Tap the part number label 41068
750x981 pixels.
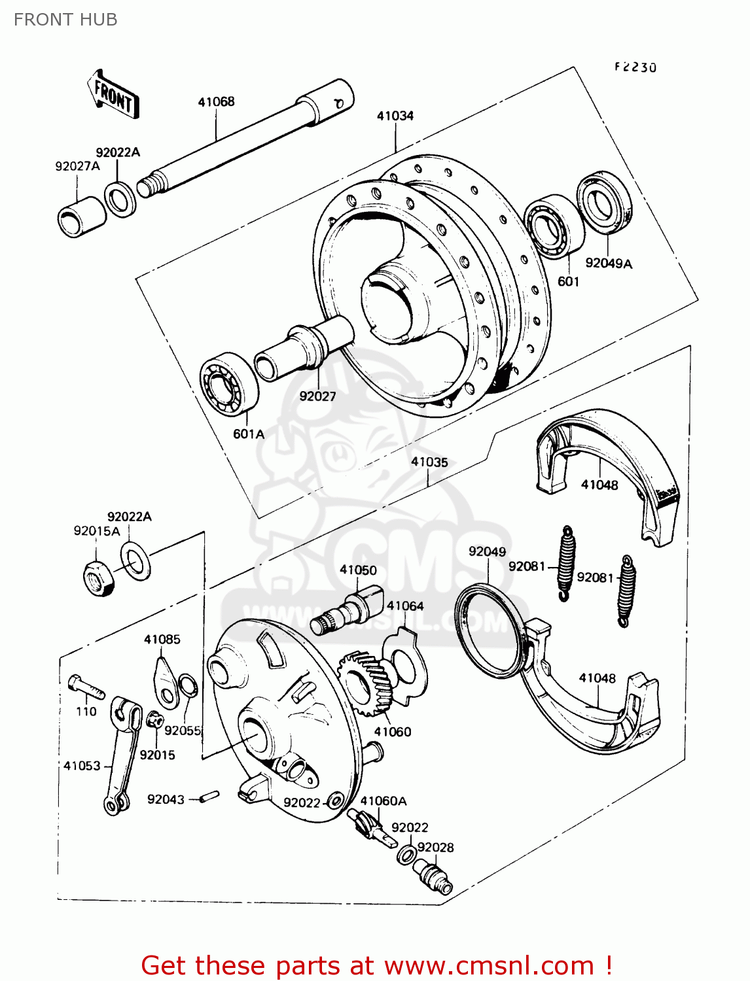[216, 101]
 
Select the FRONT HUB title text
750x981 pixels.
[65, 20]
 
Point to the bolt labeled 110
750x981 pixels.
[86, 687]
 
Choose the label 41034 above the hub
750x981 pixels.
[395, 116]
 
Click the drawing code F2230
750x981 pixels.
[635, 67]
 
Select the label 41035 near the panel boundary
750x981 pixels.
[429, 462]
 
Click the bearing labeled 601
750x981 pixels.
[554, 226]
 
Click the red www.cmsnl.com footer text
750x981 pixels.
[377, 965]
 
